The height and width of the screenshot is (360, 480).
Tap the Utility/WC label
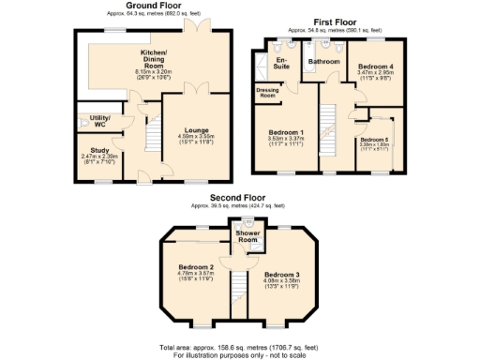pyautogui.click(x=97, y=119)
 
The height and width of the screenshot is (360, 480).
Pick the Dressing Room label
pyautogui.click(x=268, y=92)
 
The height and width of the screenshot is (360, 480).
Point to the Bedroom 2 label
pyautogui.click(x=196, y=267)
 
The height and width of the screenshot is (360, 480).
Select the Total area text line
pyautogui.click(x=239, y=346)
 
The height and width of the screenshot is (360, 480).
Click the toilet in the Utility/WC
pyautogui.click(x=83, y=123)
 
